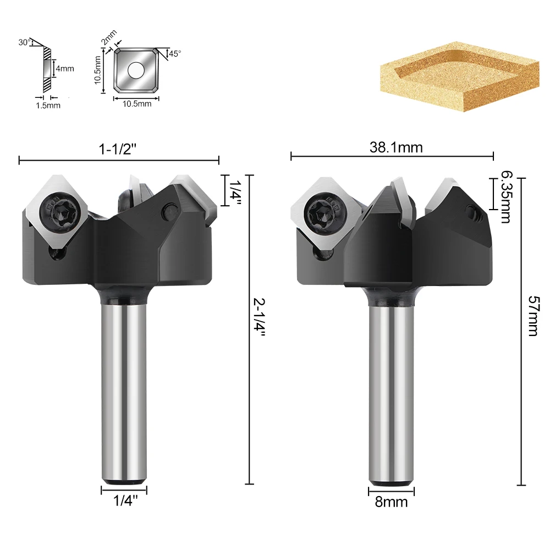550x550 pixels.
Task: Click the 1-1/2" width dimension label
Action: [117, 150]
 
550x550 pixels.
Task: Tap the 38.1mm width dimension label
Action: [396, 147]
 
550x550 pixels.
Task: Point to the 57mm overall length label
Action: [533, 316]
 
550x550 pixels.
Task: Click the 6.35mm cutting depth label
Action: [505, 197]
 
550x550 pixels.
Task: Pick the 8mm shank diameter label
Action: [391, 502]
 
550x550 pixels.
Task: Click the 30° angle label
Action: [24, 42]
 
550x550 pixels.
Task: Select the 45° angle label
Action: [175, 54]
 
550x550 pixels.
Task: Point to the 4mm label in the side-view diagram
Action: [65, 68]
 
